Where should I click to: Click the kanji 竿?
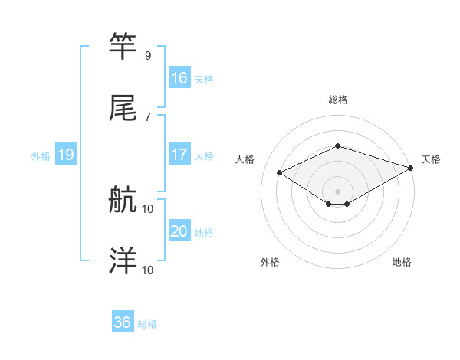(x=123, y=47)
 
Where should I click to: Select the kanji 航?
(x=123, y=201)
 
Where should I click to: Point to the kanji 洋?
(x=123, y=262)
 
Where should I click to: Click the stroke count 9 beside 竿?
(x=148, y=56)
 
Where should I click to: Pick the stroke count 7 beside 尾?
(x=148, y=116)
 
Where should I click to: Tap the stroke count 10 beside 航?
(x=148, y=208)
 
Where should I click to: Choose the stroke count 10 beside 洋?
(x=148, y=270)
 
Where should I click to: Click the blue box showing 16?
(x=179, y=78)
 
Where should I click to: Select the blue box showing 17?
(x=179, y=155)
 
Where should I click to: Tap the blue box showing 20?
(x=179, y=231)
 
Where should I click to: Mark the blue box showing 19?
(x=66, y=155)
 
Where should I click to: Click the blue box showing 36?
(x=123, y=322)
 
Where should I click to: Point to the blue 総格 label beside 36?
(x=147, y=324)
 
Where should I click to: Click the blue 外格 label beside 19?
(x=41, y=156)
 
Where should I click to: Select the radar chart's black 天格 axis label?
(x=431, y=159)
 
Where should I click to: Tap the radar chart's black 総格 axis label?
(x=337, y=100)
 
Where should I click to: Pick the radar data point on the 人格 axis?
(x=280, y=172)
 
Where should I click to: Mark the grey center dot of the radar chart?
(x=337, y=191)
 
